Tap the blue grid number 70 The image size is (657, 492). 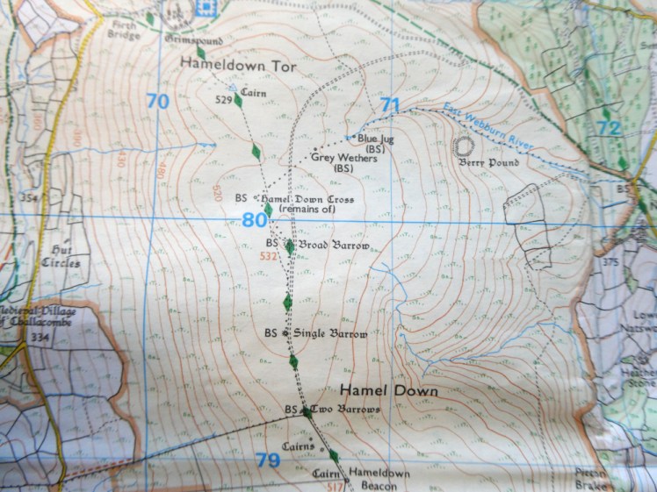point(157,102)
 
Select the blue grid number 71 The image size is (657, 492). point(390,106)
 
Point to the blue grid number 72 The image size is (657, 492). point(608,128)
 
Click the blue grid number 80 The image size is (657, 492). point(254,219)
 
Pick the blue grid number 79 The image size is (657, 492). point(268,459)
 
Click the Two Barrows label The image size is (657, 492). point(349,410)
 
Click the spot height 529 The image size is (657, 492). point(223,100)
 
